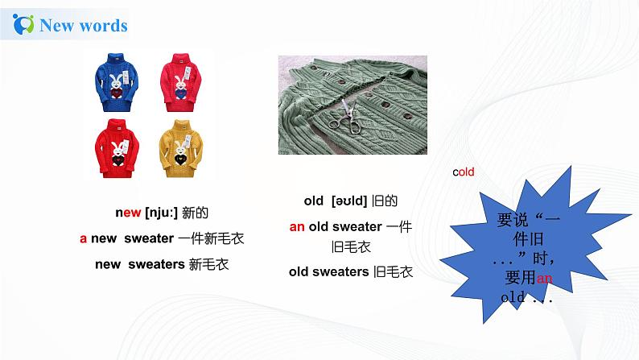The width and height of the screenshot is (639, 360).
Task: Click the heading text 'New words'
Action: (84, 26)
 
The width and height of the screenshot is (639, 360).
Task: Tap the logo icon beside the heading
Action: (25, 25)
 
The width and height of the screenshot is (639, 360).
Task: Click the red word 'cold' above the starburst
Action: (463, 172)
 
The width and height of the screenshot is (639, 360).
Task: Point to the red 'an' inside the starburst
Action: (545, 279)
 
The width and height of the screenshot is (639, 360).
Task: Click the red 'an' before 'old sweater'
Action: (297, 227)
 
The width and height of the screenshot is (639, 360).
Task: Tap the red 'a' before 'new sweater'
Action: (83, 238)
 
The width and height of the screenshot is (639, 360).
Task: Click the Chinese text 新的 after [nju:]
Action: (195, 213)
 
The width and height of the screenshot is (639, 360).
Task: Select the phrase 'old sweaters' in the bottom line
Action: (328, 271)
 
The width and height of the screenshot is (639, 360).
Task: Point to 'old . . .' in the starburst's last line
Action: (527, 297)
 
